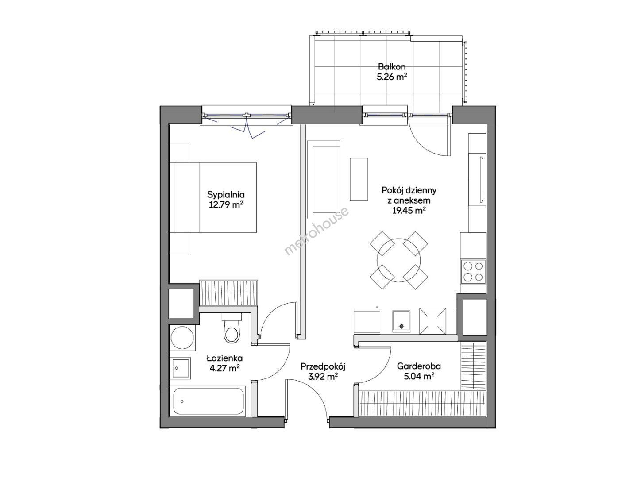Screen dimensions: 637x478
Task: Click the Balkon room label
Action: coord(391,66)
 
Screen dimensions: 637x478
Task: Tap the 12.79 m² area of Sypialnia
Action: coord(226,205)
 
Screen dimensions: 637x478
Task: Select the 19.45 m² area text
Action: coord(409,211)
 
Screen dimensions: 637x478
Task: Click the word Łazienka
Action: coord(224,358)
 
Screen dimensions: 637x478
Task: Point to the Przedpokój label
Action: coord(322,367)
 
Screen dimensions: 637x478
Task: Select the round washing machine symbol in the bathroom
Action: coord(182,337)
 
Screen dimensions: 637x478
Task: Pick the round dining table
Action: coord(398,260)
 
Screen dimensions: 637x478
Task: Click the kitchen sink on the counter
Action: coord(401,321)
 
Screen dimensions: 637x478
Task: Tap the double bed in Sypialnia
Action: coord(213,197)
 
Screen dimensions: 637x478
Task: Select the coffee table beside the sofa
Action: coord(359,179)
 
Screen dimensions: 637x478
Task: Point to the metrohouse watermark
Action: coord(317,231)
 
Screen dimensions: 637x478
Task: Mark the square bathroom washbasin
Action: coord(181,368)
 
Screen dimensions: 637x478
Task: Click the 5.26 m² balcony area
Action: coord(391,77)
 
